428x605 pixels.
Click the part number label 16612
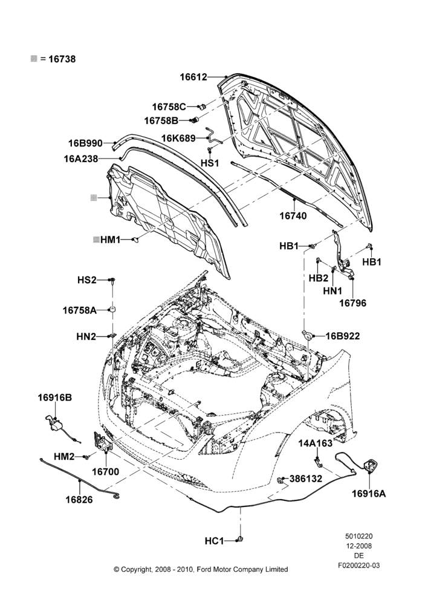tap(193, 77)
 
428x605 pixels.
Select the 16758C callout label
tap(169, 106)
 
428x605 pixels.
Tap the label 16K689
tap(178, 138)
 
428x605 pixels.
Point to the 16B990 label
tap(86, 143)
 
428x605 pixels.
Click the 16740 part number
tap(293, 216)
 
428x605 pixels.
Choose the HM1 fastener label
tap(110, 240)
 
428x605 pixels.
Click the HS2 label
tap(87, 280)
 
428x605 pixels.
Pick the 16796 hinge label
tap(353, 303)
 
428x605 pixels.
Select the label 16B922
tap(343, 336)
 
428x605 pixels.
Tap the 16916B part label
tap(55, 397)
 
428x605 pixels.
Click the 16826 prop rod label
tap(79, 500)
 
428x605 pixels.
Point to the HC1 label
tap(214, 541)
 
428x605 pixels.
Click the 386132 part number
tap(306, 479)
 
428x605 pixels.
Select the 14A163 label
tap(316, 443)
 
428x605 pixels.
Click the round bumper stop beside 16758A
tap(112, 309)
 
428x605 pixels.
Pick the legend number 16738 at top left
tap(62, 59)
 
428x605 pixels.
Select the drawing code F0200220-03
tap(359, 566)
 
